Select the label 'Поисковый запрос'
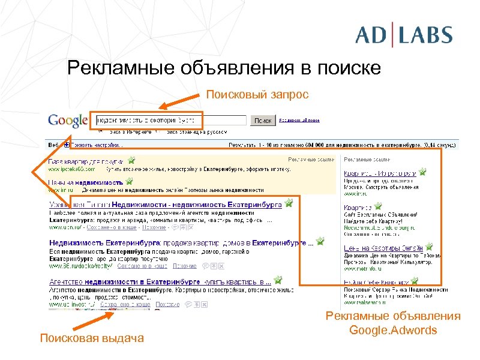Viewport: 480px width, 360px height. click(257, 94)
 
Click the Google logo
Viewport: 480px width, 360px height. click(68, 120)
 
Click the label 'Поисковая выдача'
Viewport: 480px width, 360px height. click(92, 338)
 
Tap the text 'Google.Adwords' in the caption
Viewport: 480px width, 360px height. click(393, 330)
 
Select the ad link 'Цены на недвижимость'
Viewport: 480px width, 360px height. click(85, 182)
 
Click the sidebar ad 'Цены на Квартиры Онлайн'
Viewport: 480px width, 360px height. click(383, 248)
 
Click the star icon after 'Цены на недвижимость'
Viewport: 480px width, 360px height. click(129, 181)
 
